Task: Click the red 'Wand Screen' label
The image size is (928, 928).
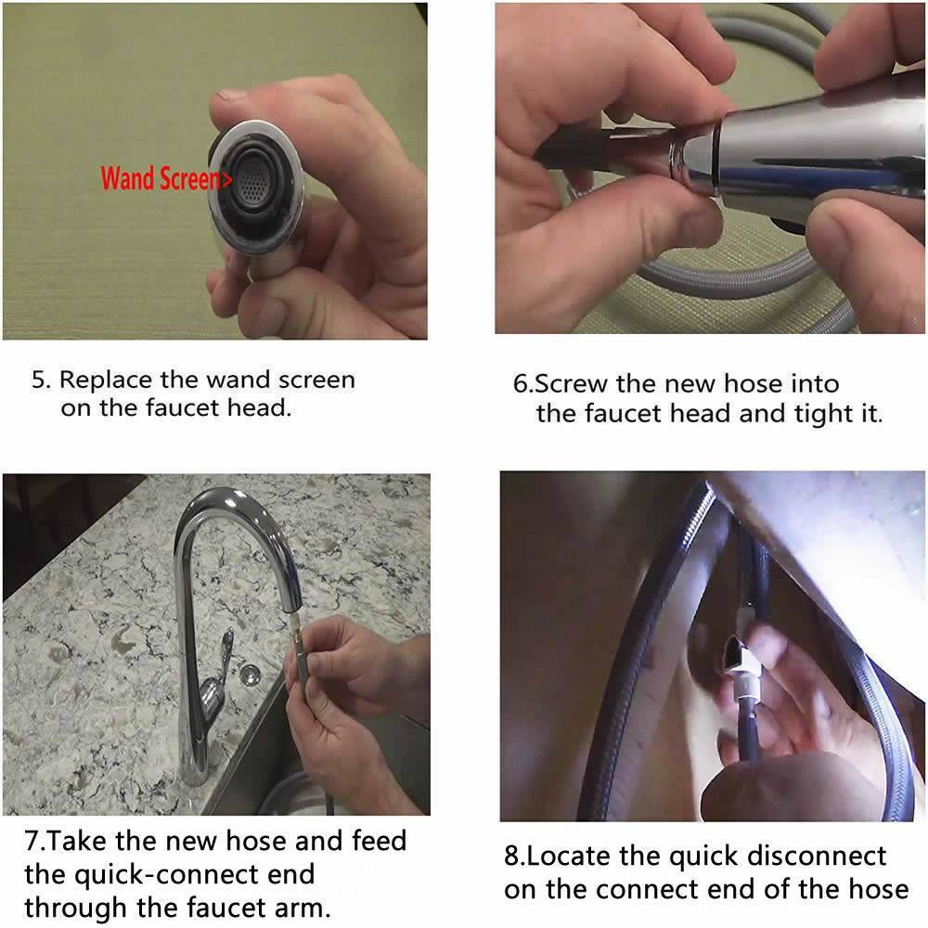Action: (166, 179)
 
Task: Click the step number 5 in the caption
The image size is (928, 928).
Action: (38, 380)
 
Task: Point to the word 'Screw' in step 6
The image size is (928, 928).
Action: (571, 384)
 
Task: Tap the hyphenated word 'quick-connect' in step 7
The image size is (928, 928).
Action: (169, 875)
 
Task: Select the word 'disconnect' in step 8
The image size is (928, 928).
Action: (817, 856)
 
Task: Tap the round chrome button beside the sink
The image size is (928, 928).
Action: (251, 674)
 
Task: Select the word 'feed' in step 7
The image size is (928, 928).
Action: (379, 841)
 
